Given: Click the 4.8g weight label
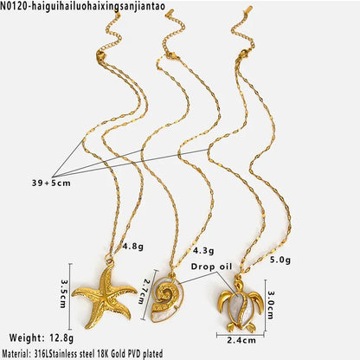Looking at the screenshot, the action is (133, 247).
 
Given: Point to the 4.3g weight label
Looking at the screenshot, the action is (203, 250).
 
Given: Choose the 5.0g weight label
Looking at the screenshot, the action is (280, 260).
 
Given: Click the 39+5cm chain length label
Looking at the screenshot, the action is (51, 183).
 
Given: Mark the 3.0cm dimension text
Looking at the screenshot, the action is (271, 305).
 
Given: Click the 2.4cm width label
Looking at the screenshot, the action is (241, 340).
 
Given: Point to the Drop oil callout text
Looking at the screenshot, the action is (211, 267).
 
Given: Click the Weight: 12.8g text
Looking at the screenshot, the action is (42, 337).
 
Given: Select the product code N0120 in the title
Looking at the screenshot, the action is (15, 6).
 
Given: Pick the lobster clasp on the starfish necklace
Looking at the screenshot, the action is (100, 55).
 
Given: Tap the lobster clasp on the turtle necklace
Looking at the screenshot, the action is (243, 55).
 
